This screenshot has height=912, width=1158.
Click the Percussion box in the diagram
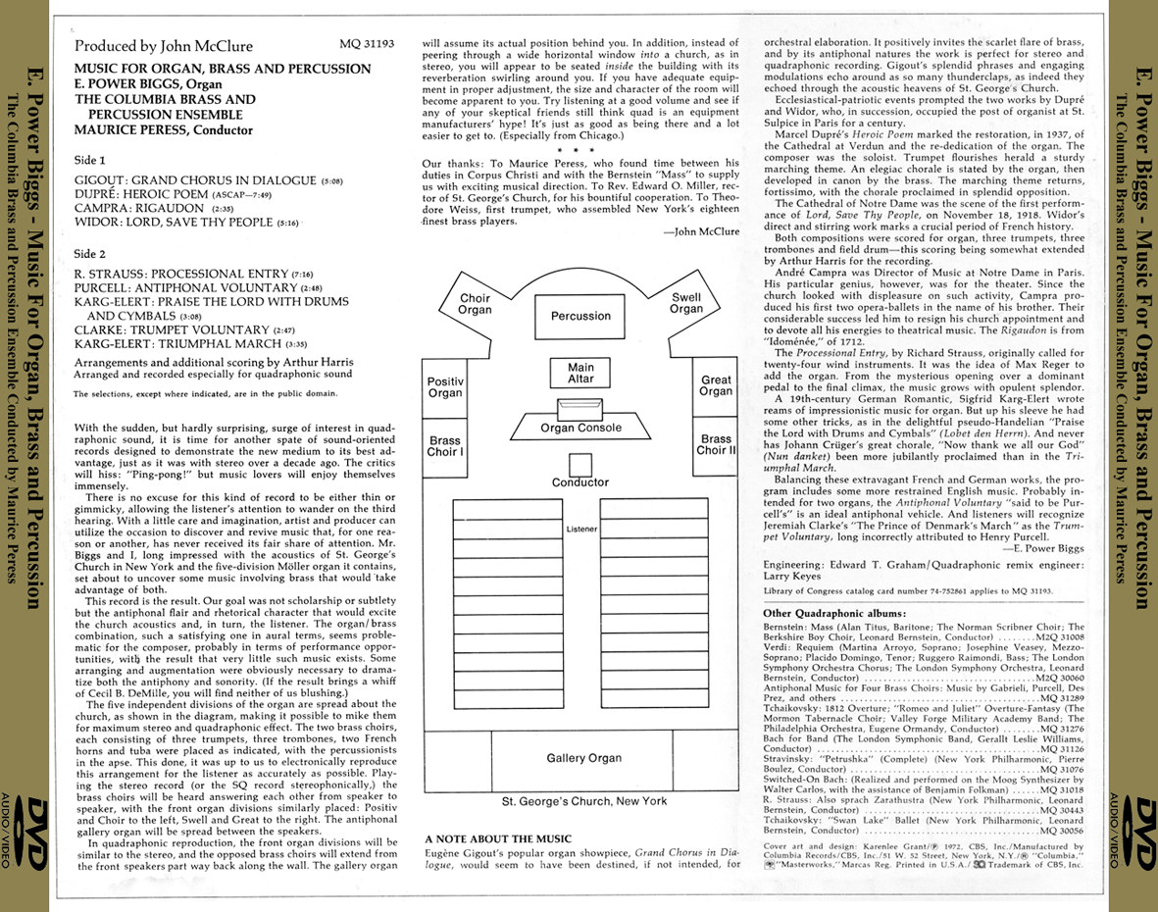[x=580, y=316]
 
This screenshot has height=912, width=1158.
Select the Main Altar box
[x=580, y=374]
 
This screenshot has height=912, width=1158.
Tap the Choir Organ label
[x=476, y=304]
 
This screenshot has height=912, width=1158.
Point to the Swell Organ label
[x=686, y=303]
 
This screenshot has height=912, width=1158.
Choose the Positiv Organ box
[x=445, y=386]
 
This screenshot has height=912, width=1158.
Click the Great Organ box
[x=716, y=385]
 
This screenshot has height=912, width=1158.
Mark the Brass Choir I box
[x=445, y=445]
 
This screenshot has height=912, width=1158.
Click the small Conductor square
[x=580, y=465]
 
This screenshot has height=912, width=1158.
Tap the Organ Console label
[x=580, y=428]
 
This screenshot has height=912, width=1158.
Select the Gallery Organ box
[x=583, y=758]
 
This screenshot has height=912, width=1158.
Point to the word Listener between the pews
[x=581, y=530]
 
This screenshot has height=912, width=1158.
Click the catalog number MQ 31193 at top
[x=366, y=45]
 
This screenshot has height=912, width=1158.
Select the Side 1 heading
[x=92, y=159]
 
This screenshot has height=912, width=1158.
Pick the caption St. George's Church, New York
[x=583, y=801]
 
